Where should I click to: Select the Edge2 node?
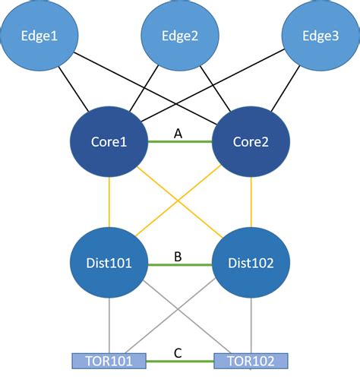tap(180, 36)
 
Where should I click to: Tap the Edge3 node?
tap(320, 36)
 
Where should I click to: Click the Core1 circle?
tap(109, 143)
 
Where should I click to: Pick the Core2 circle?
tap(251, 143)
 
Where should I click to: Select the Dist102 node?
tap(251, 264)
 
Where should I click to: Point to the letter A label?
tap(179, 133)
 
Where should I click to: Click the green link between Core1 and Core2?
tap(179, 144)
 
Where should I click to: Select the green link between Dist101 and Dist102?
tap(179, 265)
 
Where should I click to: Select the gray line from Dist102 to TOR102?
tap(251, 327)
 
